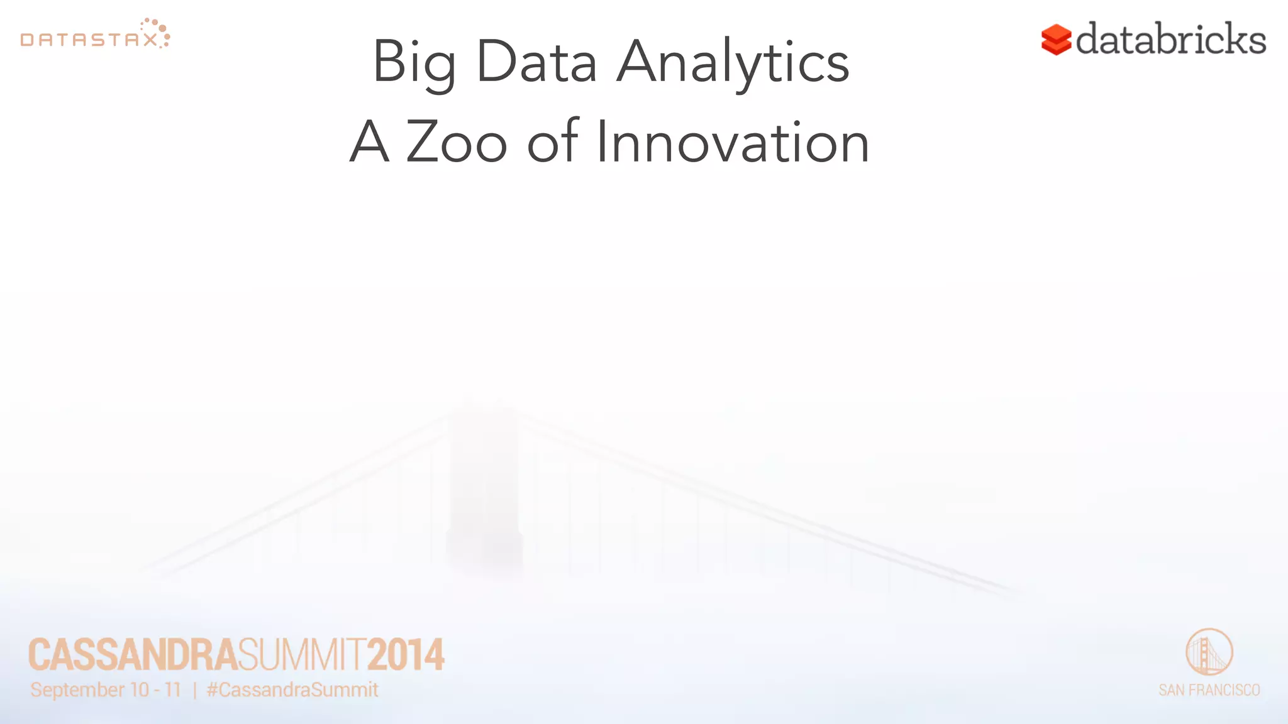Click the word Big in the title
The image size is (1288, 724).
[414, 63]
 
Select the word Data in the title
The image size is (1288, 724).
[536, 62]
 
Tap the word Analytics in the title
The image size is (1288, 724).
[733, 63]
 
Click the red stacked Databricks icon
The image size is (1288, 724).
[1056, 40]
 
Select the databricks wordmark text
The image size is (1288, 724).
[1171, 39]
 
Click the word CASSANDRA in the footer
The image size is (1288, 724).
[133, 655]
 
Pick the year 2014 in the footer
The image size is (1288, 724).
[406, 655]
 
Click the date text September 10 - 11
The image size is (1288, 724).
[106, 690]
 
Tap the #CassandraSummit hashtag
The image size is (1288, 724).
[292, 690]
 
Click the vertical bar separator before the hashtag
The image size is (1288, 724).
[194, 690]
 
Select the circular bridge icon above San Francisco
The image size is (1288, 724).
[1209, 652]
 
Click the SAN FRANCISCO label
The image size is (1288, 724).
[1209, 690]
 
